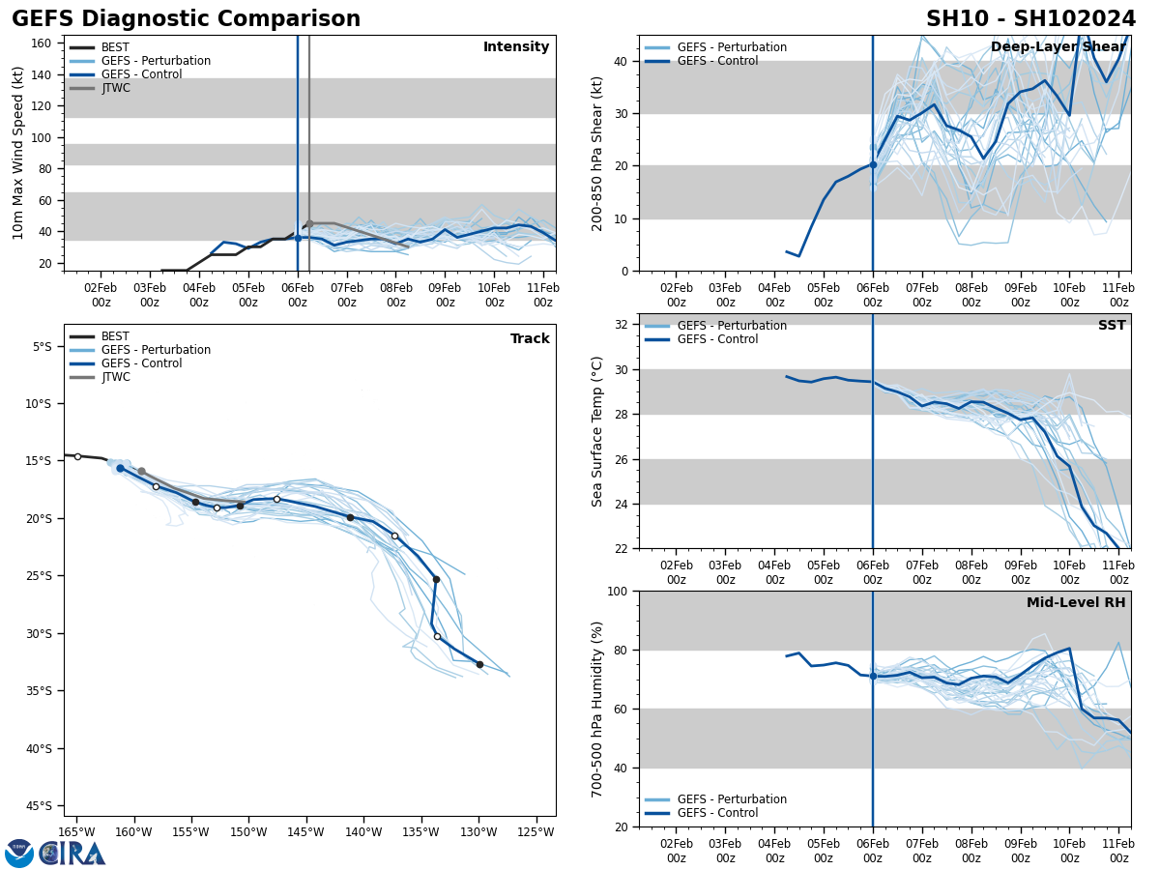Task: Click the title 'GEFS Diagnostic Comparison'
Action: click(186, 19)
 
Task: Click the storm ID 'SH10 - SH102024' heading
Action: click(1030, 19)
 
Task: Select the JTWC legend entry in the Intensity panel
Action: click(115, 88)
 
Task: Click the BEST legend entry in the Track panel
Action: click(115, 336)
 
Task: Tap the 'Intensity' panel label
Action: click(516, 47)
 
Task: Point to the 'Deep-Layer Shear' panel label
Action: click(1058, 47)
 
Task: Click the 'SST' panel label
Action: click(1112, 326)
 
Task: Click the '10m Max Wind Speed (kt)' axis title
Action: click(19, 153)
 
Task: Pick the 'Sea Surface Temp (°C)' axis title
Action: click(597, 431)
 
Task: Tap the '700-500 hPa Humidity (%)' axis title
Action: click(597, 709)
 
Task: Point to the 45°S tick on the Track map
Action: click(43, 805)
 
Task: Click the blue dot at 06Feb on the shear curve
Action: click(873, 164)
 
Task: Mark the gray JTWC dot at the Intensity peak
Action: click(309, 223)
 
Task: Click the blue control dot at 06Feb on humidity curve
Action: click(873, 676)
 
